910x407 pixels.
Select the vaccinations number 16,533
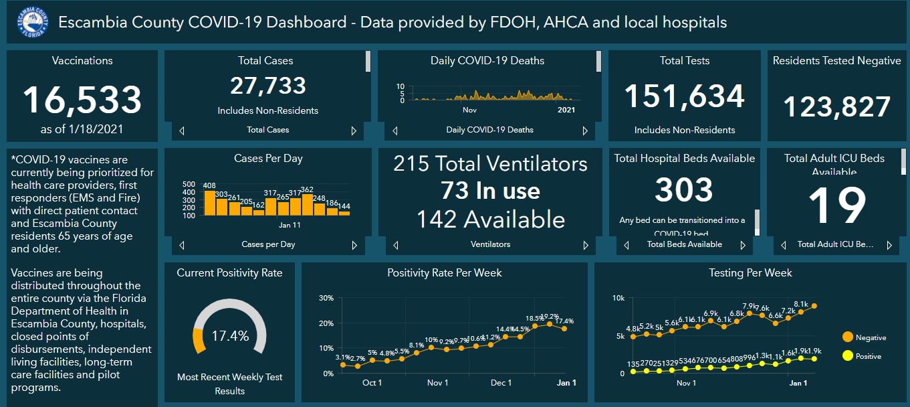(82, 100)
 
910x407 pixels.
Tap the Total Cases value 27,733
(267, 86)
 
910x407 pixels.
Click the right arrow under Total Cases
(354, 131)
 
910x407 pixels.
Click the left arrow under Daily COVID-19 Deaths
(395, 131)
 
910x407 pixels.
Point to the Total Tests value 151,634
(684, 96)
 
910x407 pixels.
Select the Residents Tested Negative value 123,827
(836, 107)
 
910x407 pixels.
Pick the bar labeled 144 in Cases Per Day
(344, 213)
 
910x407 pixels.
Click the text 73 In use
(490, 191)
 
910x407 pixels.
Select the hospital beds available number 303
(684, 190)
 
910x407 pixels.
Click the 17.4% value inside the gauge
(229, 336)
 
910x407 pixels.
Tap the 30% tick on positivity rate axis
(326, 298)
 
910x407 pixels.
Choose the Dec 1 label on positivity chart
(501, 383)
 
